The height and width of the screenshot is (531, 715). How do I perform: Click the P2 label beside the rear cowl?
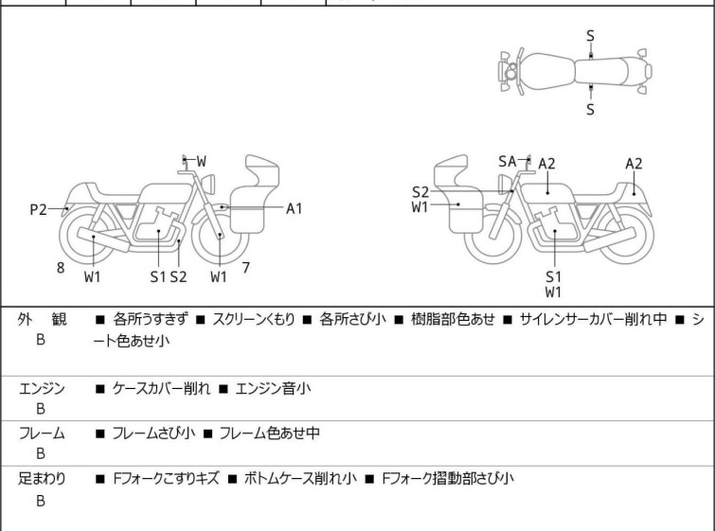(38, 210)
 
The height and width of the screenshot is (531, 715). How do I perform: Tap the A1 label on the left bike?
(295, 208)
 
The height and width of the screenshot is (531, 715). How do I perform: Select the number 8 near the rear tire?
(61, 268)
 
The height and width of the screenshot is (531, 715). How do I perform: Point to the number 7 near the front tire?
(245, 268)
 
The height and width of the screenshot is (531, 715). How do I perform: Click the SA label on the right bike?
(508, 162)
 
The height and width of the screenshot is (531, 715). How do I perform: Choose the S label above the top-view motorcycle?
(590, 36)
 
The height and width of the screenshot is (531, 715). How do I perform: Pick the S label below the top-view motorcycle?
(590, 109)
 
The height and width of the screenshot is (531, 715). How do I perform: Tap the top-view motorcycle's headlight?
(510, 72)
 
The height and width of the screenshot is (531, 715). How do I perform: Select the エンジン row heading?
(42, 388)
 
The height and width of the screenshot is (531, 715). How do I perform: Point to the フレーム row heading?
(42, 434)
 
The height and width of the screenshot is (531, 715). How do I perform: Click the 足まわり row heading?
(42, 479)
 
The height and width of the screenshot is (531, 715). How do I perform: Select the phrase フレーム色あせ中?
(270, 434)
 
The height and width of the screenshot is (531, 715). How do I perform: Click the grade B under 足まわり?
(41, 501)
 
